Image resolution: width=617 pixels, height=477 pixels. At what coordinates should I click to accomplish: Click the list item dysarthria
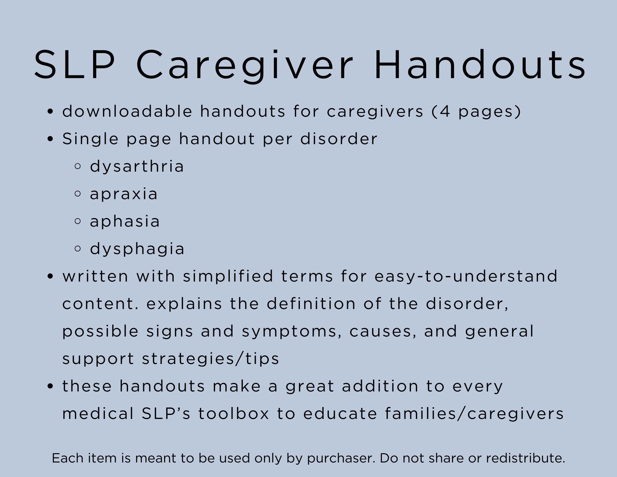click(x=137, y=167)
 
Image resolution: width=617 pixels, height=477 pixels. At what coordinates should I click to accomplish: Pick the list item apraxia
click(x=124, y=194)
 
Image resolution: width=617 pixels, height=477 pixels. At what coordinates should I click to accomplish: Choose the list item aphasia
click(x=125, y=222)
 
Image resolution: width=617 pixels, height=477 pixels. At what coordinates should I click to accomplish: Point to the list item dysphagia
click(x=137, y=249)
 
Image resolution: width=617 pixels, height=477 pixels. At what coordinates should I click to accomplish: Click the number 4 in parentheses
click(x=445, y=111)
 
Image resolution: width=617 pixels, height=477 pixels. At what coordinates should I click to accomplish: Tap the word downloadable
click(x=127, y=111)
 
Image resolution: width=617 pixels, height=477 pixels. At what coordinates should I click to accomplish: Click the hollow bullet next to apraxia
click(x=78, y=194)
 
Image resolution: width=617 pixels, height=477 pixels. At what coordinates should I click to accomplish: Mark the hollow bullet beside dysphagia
click(x=78, y=249)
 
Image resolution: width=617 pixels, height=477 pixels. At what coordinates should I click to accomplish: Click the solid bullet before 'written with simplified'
click(x=51, y=276)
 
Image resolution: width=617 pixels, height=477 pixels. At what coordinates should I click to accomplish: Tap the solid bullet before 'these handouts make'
click(x=51, y=387)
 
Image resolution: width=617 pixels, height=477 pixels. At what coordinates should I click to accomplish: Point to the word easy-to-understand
click(x=466, y=276)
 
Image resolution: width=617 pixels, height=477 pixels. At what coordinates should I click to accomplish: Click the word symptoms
click(x=291, y=332)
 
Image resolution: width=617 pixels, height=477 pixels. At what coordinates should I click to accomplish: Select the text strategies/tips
click(x=210, y=359)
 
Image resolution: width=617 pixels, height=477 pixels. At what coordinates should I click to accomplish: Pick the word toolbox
click(x=234, y=414)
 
